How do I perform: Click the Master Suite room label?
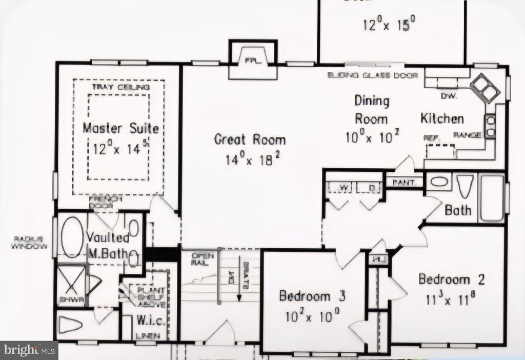coord(120,128)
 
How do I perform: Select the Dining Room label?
coord(372,109)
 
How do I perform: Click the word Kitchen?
coord(442,118)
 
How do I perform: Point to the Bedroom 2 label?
coord(451,279)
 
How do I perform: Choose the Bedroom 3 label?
coord(312,296)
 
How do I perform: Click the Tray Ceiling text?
coord(121,87)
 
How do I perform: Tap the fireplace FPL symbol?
coord(251,60)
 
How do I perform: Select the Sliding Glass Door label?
coord(372,75)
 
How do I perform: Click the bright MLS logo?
coord(28,350)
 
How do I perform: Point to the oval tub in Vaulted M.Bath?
coord(72,236)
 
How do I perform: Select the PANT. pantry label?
coord(404,182)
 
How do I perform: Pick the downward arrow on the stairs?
coord(239,287)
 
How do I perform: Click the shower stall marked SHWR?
coord(71,285)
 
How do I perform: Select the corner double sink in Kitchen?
coord(484,88)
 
